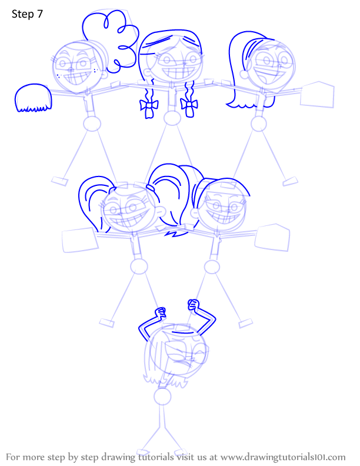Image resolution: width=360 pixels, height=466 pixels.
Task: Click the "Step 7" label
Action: click(x=27, y=14)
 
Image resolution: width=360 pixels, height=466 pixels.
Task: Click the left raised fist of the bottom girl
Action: click(x=161, y=313)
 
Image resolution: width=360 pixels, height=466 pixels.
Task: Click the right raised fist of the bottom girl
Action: click(x=193, y=305)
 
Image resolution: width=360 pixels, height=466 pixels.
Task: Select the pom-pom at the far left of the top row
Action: click(x=33, y=98)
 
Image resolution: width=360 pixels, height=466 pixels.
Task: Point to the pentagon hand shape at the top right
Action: click(x=317, y=94)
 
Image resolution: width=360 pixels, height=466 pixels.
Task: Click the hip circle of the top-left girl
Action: click(x=92, y=124)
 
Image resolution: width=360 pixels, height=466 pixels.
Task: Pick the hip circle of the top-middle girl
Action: click(x=172, y=118)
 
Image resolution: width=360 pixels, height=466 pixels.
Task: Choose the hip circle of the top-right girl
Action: click(x=258, y=124)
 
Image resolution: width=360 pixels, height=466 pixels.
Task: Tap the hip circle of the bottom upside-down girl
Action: click(x=162, y=397)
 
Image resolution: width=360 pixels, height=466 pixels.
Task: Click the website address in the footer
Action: click(x=283, y=457)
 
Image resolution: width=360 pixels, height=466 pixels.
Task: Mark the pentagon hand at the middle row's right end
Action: click(x=272, y=238)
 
